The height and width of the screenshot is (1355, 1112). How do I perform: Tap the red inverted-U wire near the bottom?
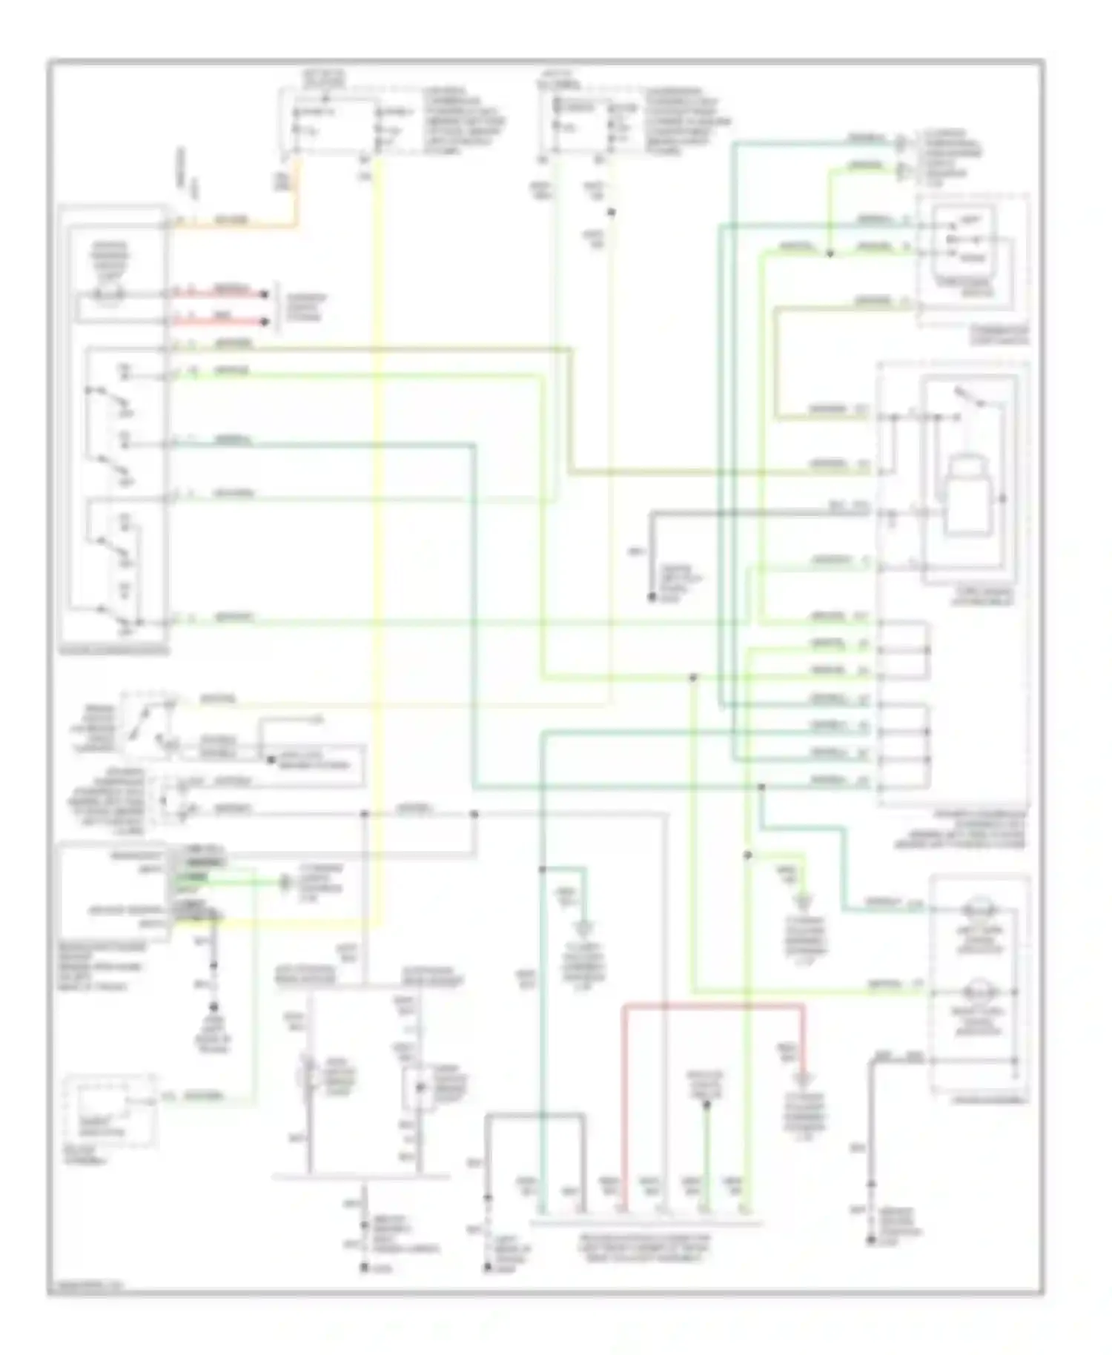[712, 1006]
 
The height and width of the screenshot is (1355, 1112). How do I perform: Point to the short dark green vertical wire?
[706, 1156]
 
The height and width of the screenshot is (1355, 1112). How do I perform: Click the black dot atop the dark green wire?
[706, 1104]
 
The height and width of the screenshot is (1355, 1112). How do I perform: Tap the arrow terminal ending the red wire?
[802, 1077]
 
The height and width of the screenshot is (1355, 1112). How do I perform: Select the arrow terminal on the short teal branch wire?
[586, 927]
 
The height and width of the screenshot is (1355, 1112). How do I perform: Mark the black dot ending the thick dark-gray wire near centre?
[652, 597]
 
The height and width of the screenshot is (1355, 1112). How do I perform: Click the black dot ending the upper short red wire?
[264, 295]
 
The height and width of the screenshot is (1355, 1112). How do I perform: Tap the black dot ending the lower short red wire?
[264, 322]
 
